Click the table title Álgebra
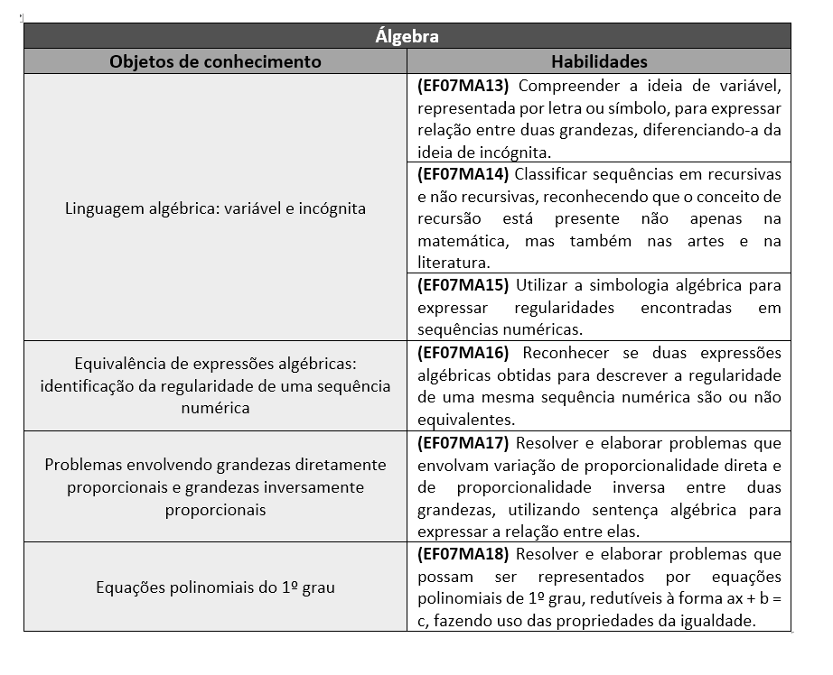pyautogui.click(x=407, y=36)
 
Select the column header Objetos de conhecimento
pyautogui.click(x=215, y=61)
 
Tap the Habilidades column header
pyautogui.click(x=599, y=61)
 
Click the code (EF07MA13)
pyautogui.click(x=463, y=86)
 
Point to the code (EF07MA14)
pyautogui.click(x=463, y=173)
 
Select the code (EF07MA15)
pyautogui.click(x=463, y=285)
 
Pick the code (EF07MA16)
pyautogui.click(x=463, y=352)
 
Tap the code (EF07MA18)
pyautogui.click(x=463, y=553)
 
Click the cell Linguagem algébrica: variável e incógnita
pyautogui.click(x=215, y=208)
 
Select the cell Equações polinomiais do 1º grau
pyautogui.click(x=215, y=587)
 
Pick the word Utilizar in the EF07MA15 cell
pyautogui.click(x=545, y=285)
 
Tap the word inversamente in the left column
pyautogui.click(x=319, y=487)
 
